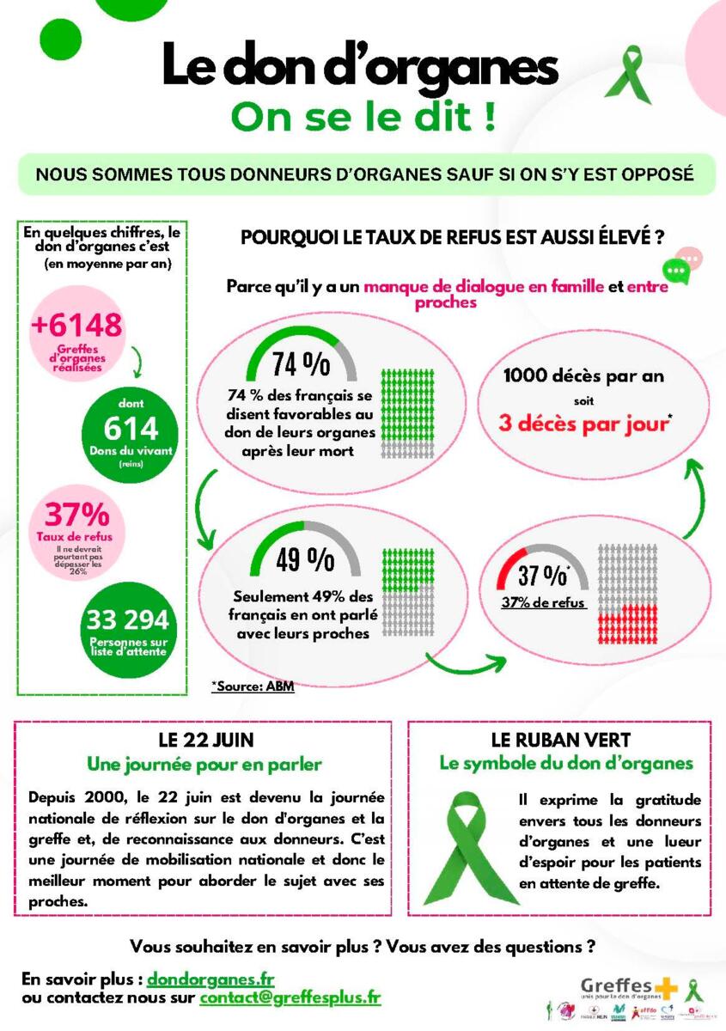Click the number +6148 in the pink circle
click(76, 325)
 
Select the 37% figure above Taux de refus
click(76, 515)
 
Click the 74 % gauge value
click(301, 364)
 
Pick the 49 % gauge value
click(305, 559)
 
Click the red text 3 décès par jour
click(588, 426)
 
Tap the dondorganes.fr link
click(210, 979)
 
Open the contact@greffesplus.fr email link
click(290, 998)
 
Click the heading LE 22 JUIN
click(205, 740)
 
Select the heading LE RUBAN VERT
click(560, 740)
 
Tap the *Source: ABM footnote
click(253, 686)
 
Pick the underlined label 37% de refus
click(543, 603)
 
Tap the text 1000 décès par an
click(583, 375)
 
